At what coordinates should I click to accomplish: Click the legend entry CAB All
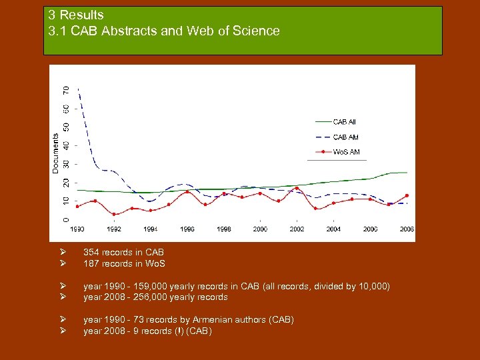point(344,122)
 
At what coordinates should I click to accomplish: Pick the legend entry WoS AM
point(346,152)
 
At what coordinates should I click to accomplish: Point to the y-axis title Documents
point(55,153)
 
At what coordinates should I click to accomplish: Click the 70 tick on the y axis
point(65,89)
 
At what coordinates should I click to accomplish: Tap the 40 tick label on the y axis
point(65,145)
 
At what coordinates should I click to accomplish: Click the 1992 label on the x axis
point(114,229)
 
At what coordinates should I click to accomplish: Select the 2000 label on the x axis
point(260,229)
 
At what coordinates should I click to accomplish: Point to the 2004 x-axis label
point(333,229)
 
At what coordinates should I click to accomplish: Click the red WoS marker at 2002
point(297,188)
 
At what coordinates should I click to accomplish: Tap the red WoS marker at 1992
point(114,214)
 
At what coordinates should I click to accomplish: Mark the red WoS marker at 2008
point(407,195)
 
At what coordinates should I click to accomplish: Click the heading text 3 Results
point(76,15)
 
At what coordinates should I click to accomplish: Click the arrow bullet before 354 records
point(61,252)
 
